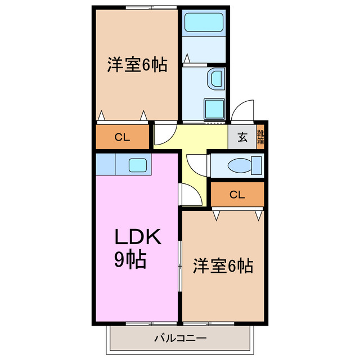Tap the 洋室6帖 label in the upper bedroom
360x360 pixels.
137,65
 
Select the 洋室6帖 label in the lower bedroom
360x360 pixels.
223,265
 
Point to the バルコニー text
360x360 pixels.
180,339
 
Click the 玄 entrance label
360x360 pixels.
242,137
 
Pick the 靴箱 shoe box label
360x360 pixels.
260,137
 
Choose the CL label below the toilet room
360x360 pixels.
237,195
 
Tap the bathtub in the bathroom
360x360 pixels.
204,23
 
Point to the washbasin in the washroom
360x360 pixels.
215,79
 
